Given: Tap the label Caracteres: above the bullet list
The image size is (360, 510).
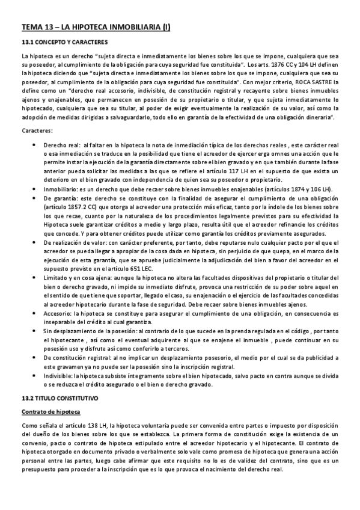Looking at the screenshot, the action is tap(37, 131).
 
